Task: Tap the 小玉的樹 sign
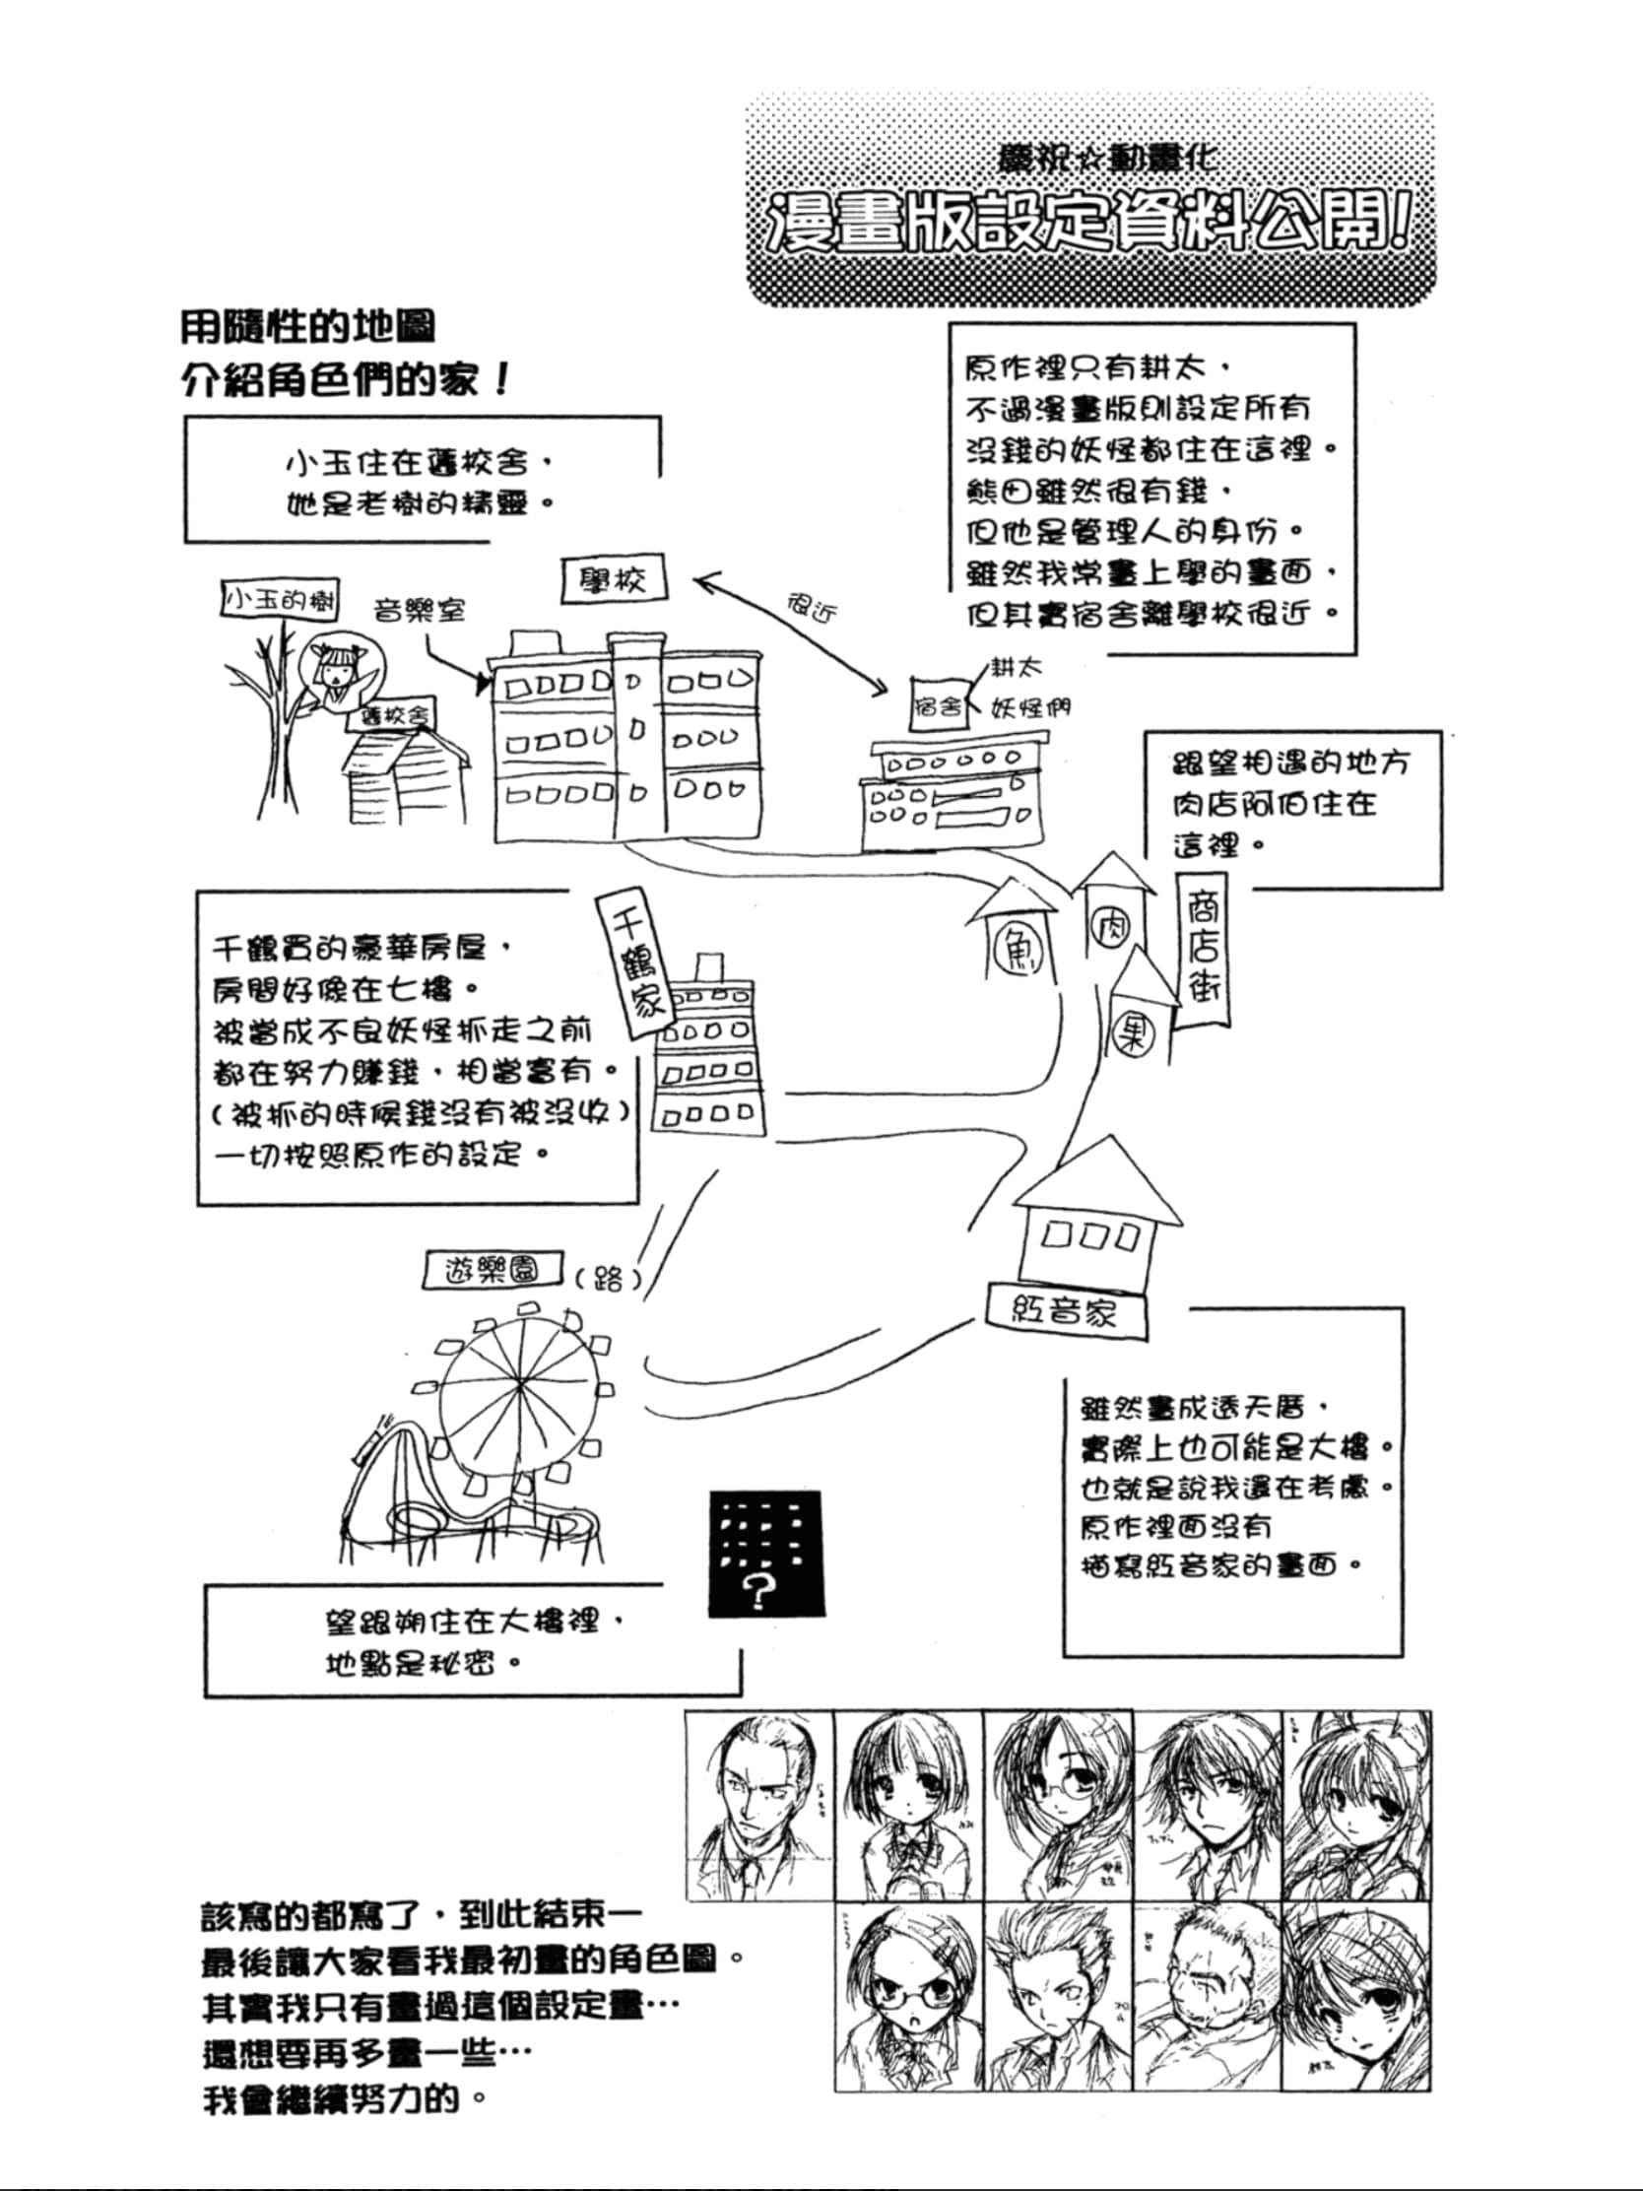(x=280, y=599)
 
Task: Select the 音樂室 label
(x=419, y=609)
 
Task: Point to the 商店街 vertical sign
(x=1204, y=949)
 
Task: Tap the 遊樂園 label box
(x=492, y=1271)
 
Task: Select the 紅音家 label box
(x=1066, y=1312)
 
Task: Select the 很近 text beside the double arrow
(x=812, y=606)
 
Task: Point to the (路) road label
(x=607, y=1278)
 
